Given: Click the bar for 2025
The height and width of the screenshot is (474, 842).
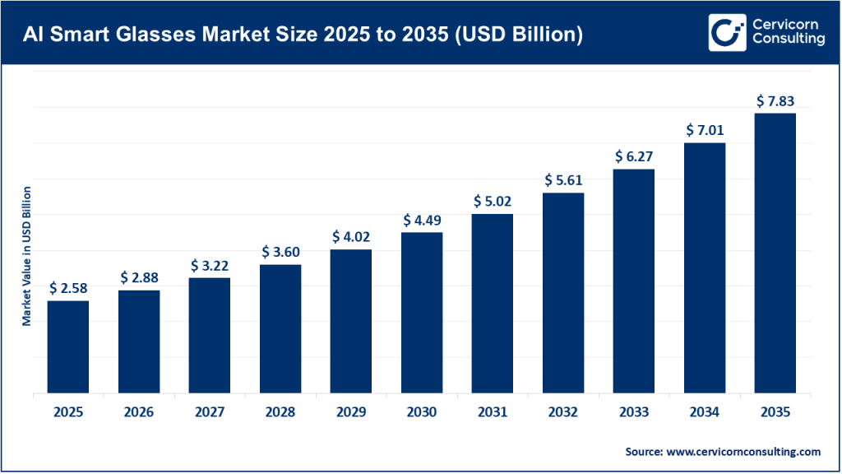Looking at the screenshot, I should click(67, 347).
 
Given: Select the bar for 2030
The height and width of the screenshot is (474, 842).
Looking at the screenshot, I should click(422, 313).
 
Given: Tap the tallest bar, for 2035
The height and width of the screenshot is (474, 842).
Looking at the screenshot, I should click(775, 253).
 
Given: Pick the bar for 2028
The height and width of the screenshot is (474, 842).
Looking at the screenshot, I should click(280, 329).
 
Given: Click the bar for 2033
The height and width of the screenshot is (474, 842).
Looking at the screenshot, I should click(634, 281).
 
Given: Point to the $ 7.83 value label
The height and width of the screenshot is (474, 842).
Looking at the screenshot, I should click(775, 101).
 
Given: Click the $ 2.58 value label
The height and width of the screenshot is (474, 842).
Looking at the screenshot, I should click(67, 288).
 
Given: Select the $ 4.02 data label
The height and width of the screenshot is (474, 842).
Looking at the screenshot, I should click(351, 237).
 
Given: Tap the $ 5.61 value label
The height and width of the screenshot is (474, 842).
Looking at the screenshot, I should click(563, 180).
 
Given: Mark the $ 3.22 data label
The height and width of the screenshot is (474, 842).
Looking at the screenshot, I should click(210, 266).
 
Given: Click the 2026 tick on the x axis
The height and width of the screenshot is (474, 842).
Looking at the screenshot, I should click(138, 412).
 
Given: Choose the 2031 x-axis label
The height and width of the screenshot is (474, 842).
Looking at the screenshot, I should click(493, 412).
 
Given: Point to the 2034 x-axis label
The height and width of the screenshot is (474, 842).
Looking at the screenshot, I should click(705, 412).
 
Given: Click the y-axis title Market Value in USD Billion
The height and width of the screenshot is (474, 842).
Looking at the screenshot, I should click(27, 256).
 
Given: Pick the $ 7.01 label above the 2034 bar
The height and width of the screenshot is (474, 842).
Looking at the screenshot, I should click(705, 130).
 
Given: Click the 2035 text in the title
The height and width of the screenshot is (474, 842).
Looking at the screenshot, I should click(428, 35).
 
